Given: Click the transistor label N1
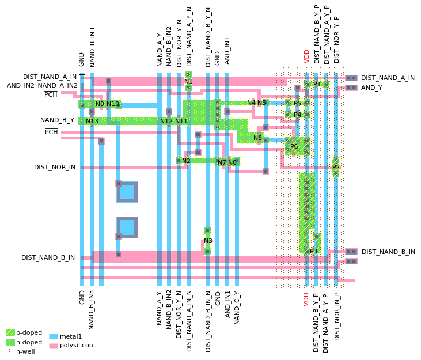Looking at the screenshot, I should click(x=188, y=81).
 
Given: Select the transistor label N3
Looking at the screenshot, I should click(x=208, y=241).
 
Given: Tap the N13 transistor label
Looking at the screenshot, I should click(x=92, y=121).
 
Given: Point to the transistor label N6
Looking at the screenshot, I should click(x=257, y=138).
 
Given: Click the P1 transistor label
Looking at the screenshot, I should click(x=317, y=84).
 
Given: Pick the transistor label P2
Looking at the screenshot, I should click(x=336, y=167).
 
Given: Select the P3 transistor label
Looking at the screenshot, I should click(x=313, y=251).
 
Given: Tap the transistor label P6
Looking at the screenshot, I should click(x=294, y=146).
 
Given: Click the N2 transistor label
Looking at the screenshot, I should click(x=186, y=161).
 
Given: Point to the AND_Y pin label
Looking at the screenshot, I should click(x=371, y=88).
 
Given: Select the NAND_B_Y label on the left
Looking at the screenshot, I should click(x=57, y=120).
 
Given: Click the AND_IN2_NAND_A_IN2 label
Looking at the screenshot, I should click(x=42, y=85).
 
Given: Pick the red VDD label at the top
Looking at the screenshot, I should click(x=306, y=56).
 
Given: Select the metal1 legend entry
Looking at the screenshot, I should click(x=71, y=336).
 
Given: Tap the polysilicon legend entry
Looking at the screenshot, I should click(x=76, y=346).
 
